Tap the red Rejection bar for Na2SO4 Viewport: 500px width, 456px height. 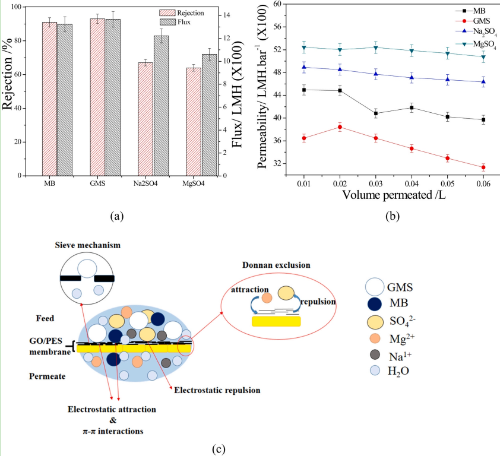pyautogui.click(x=145, y=119)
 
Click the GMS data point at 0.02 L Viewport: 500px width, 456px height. pyautogui.click(x=340, y=127)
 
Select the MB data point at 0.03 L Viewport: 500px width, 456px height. pyautogui.click(x=376, y=113)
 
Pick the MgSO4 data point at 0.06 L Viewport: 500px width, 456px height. pyautogui.click(x=483, y=57)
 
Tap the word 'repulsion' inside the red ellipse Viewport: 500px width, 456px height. pyautogui.click(x=319, y=302)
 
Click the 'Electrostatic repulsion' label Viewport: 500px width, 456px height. pyautogui.click(x=216, y=390)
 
